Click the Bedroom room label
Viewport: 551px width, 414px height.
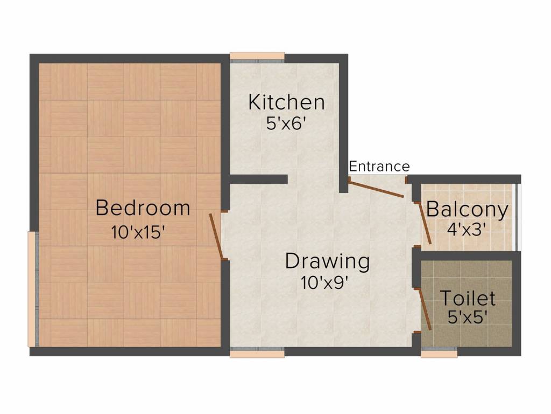[143, 208]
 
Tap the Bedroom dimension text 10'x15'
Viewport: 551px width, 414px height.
[138, 232]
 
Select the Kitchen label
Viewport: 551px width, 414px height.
[286, 102]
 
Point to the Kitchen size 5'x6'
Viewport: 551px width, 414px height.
[286, 123]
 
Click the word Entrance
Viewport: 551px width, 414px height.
[379, 166]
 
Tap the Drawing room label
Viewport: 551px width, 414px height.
[327, 261]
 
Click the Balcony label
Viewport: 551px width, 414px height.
[467, 209]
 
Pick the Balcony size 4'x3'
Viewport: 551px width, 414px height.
[467, 228]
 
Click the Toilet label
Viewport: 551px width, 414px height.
[468, 298]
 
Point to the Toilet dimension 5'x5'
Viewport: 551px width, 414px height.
[468, 317]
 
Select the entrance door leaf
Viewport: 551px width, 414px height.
[377, 189]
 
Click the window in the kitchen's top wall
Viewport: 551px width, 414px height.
[257, 56]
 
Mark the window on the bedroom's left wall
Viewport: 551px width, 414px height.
[33, 289]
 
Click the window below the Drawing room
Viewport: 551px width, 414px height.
[257, 354]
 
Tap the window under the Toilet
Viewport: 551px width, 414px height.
[439, 354]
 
